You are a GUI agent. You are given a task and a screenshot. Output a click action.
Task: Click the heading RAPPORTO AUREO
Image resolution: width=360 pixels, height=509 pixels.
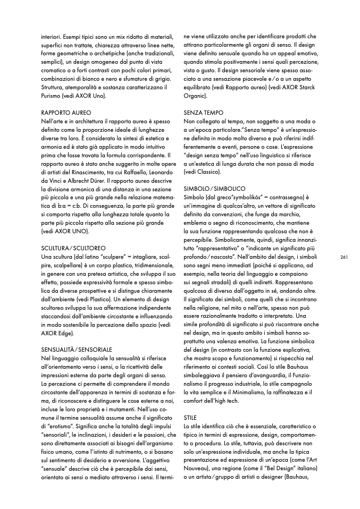66,113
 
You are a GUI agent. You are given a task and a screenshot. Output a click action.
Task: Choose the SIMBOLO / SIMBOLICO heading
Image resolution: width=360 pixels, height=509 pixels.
214,189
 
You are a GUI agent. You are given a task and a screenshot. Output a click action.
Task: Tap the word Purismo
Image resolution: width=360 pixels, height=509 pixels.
54,96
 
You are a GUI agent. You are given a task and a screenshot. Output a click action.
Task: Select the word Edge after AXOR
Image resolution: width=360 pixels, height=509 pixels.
68,334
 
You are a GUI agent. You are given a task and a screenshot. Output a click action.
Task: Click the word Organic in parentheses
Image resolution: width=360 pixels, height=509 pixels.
195,96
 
